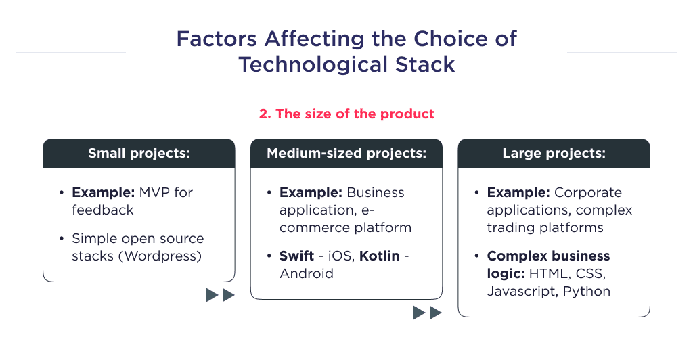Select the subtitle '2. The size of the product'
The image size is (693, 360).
click(x=346, y=114)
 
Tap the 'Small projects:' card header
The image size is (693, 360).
click(x=139, y=154)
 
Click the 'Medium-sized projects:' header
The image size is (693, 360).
click(x=346, y=154)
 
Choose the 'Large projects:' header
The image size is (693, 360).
click(x=554, y=154)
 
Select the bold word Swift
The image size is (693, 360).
click(x=296, y=256)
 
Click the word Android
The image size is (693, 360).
click(x=307, y=273)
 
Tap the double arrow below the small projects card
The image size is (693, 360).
click(x=220, y=295)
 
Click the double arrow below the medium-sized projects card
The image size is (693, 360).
click(x=427, y=313)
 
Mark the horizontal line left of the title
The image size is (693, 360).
click(x=70, y=52)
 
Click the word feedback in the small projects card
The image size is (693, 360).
click(x=103, y=210)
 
